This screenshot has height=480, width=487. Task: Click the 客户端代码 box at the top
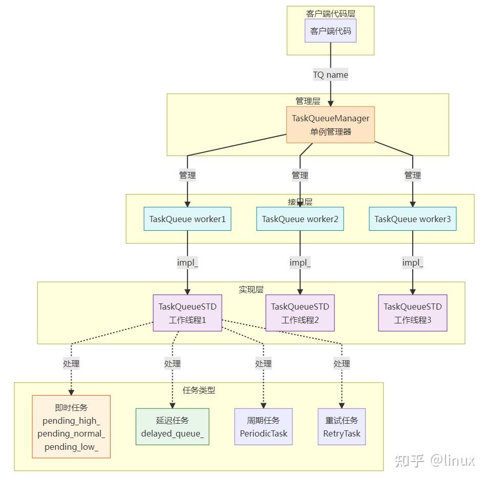(x=330, y=31)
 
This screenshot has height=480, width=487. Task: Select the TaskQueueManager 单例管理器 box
(x=330, y=124)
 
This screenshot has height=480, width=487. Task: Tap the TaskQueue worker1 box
(x=187, y=219)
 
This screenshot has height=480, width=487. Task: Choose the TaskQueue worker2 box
(x=300, y=219)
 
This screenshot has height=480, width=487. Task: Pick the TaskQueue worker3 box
(x=412, y=219)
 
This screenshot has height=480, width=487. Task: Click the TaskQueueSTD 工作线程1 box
(x=187, y=313)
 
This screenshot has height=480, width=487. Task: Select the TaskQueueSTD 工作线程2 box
(x=300, y=313)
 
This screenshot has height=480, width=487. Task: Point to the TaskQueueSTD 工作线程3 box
(x=412, y=313)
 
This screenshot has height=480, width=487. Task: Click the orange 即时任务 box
(x=71, y=426)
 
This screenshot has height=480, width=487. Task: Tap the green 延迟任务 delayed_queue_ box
(x=172, y=426)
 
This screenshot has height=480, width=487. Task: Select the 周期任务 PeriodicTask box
(x=263, y=426)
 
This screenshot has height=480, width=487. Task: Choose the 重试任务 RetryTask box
(x=342, y=426)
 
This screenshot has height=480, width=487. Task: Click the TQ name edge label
(x=330, y=75)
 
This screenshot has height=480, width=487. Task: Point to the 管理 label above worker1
(x=187, y=175)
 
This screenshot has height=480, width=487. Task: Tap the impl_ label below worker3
(x=412, y=263)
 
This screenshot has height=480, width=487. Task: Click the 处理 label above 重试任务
(x=342, y=363)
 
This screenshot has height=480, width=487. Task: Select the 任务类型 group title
(x=199, y=390)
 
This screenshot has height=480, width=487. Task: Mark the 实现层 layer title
(x=251, y=289)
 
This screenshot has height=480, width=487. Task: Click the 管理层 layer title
(x=308, y=101)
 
